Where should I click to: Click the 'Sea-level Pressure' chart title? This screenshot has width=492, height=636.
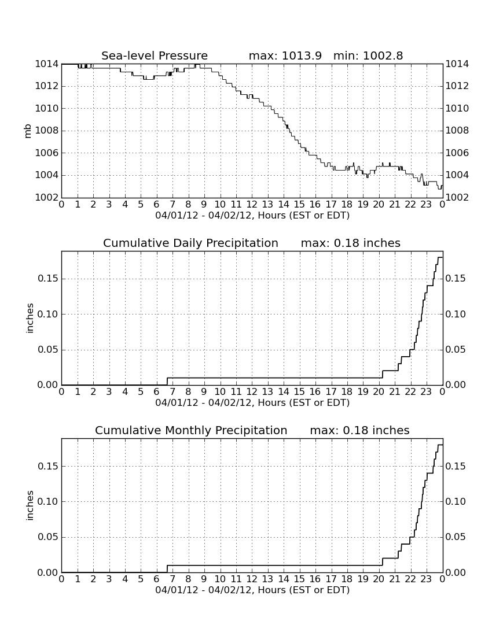(155, 56)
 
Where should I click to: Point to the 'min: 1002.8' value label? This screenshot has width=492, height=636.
(368, 56)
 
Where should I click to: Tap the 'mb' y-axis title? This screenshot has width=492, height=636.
(28, 131)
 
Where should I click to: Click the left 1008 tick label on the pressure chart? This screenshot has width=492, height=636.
(47, 131)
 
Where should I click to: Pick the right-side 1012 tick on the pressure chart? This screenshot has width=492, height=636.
(457, 86)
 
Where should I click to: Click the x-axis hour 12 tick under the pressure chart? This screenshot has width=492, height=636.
(252, 204)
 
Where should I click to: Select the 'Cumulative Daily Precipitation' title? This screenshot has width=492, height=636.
(190, 243)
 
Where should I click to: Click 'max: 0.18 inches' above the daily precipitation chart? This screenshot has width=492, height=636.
(350, 243)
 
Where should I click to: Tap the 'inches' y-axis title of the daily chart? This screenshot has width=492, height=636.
(30, 319)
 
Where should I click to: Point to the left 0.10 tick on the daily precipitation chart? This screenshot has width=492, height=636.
(48, 315)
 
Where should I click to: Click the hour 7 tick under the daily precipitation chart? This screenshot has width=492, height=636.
(172, 391)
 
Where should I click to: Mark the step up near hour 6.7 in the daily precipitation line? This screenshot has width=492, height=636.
(167, 381)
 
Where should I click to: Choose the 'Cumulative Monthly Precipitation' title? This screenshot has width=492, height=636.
(191, 430)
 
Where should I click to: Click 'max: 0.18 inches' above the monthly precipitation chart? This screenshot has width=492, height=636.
(359, 430)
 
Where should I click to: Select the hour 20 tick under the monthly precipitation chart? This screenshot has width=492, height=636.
(379, 579)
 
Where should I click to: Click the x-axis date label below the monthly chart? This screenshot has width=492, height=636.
(252, 590)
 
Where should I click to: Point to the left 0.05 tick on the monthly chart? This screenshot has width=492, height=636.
(48, 537)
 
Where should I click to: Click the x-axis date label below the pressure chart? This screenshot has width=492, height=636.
(252, 215)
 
